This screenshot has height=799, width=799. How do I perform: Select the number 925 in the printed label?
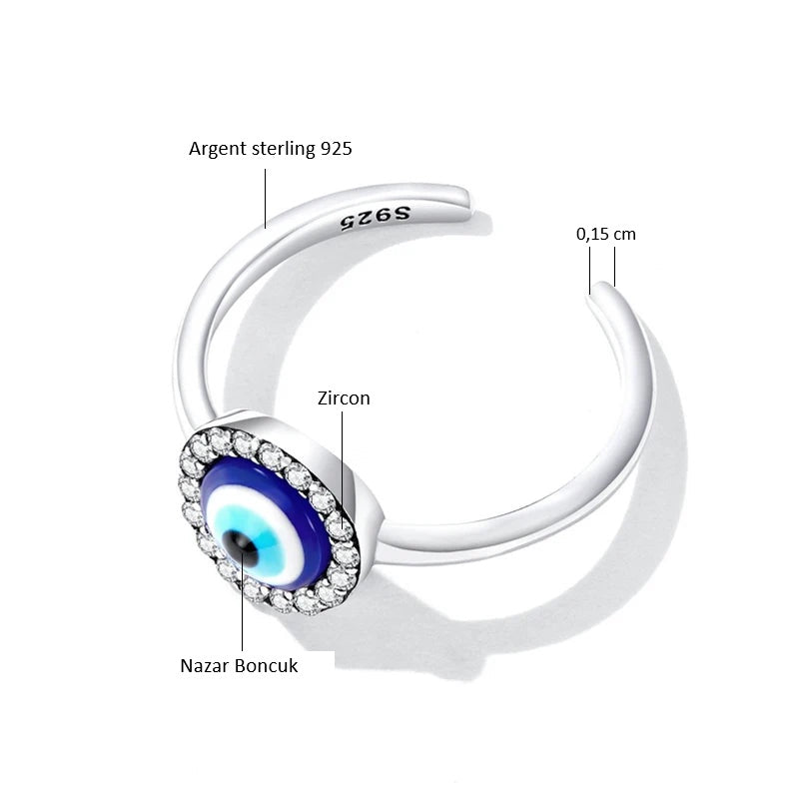(337, 148)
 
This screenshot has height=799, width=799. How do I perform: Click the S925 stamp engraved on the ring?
(376, 218)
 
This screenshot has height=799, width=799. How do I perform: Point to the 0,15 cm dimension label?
(606, 235)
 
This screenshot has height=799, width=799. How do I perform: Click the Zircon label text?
(344, 399)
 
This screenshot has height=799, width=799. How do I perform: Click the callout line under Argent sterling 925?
(265, 199)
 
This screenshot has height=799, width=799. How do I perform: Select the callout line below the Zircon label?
(342, 468)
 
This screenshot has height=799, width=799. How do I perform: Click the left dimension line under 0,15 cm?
(590, 271)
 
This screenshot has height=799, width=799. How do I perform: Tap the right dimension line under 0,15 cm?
(614, 267)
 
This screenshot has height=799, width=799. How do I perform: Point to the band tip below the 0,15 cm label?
(601, 292)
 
